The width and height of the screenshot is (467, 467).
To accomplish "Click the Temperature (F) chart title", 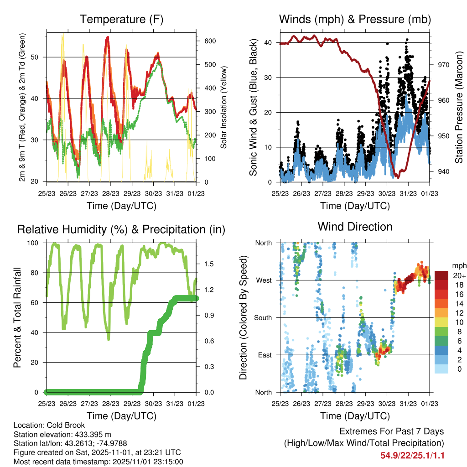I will tap(121, 20).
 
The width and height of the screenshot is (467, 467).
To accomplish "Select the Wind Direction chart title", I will tap(355, 227).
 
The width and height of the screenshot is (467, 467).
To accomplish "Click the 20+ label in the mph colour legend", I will tap(458, 275).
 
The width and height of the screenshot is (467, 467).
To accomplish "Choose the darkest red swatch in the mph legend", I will tap(441, 275).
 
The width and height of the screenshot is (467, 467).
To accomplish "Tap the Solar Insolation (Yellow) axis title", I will tap(223, 108).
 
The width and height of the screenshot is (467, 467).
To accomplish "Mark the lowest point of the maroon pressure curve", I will tap(398, 177).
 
